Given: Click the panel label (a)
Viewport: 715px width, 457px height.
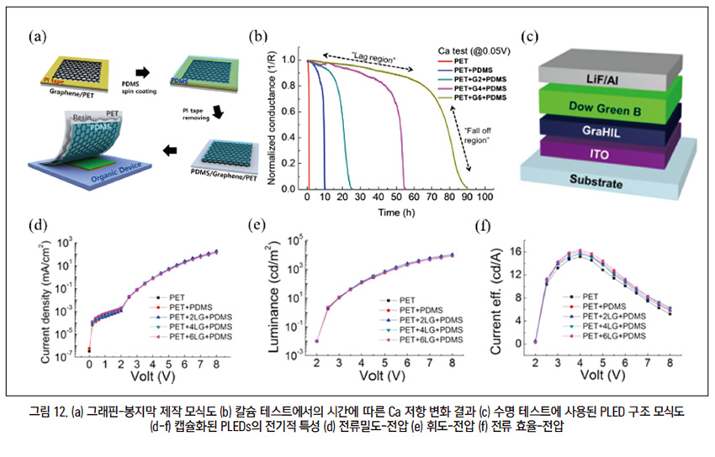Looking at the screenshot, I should [x=36, y=36].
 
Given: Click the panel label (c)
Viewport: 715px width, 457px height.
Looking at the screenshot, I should [x=530, y=36].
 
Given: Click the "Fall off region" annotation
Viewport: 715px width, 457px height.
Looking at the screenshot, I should [x=478, y=138].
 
